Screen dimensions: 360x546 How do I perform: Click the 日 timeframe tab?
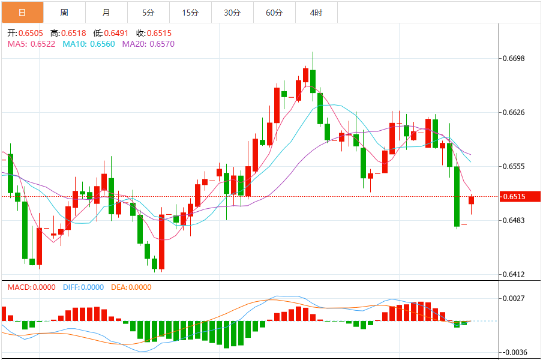point(22,12)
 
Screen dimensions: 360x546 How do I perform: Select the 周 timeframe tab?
point(64,12)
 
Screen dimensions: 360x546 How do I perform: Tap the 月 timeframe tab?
point(106,12)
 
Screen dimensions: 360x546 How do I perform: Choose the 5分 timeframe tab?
point(148,12)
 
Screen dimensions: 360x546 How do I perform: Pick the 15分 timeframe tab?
point(190,12)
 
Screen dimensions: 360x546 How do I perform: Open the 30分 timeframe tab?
point(232,12)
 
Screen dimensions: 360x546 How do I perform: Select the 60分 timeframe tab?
point(274,12)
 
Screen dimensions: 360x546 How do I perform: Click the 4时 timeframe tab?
point(316,12)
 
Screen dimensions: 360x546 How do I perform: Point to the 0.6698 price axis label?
point(513,58)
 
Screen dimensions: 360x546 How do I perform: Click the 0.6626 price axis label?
point(513,112)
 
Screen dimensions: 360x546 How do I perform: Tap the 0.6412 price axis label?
point(513,275)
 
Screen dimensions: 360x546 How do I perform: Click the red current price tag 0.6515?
point(520,196)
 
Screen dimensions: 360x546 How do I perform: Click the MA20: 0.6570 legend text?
point(148,44)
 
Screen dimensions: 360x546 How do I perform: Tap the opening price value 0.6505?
point(30,34)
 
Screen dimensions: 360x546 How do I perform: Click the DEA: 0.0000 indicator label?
point(130,287)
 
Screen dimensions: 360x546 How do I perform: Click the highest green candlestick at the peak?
point(313,80)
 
